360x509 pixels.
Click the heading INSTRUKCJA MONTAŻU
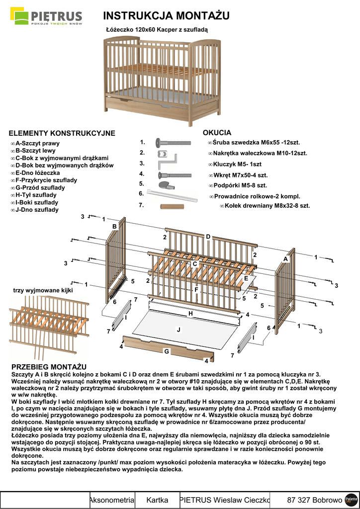click(x=166, y=16)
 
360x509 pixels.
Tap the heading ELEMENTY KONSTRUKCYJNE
click(x=62, y=133)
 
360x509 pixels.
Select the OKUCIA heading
click(x=217, y=133)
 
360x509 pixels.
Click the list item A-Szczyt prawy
click(x=37, y=143)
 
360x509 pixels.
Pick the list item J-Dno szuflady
click(x=37, y=210)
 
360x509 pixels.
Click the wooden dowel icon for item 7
click(x=172, y=205)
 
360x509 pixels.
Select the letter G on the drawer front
click(x=167, y=351)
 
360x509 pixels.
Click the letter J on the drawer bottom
click(x=179, y=330)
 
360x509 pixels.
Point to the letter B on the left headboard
click(x=114, y=227)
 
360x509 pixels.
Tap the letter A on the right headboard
click(x=286, y=259)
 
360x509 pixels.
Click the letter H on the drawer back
click(x=190, y=314)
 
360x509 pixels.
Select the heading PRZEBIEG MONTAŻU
click(x=49, y=366)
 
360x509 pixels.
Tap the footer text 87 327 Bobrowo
click(x=315, y=500)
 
